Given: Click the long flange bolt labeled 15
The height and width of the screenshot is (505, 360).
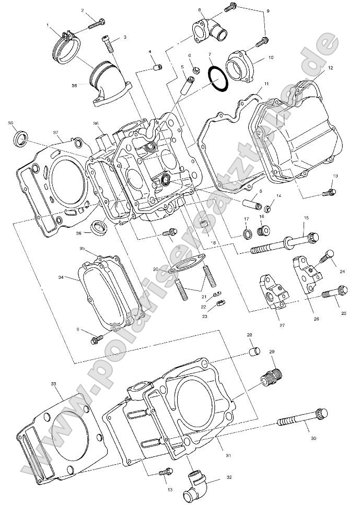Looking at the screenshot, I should point(285,243).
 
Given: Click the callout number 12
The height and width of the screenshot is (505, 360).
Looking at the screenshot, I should point(330,68).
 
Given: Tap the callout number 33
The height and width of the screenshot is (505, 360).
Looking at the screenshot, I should point(53,384).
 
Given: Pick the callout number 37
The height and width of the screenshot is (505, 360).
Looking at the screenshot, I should point(55,132).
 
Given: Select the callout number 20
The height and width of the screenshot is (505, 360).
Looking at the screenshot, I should point(155,269).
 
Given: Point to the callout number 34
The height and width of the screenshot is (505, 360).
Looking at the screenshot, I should point(61,277).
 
